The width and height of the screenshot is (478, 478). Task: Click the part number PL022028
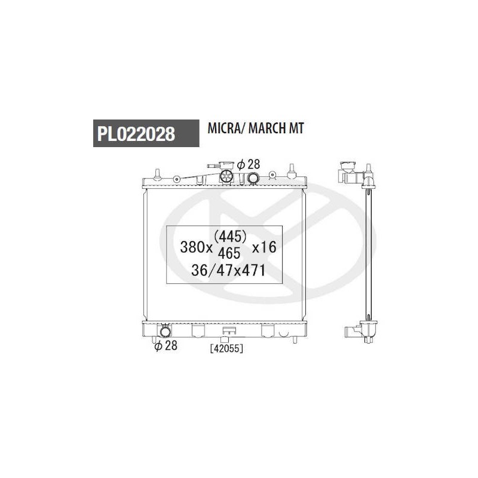(136, 134)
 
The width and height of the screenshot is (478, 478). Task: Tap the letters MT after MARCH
(296, 128)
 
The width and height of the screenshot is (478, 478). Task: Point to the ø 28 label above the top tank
(249, 164)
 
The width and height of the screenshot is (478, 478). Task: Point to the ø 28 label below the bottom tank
(166, 345)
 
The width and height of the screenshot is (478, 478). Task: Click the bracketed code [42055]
(227, 348)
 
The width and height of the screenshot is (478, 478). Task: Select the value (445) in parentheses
(230, 236)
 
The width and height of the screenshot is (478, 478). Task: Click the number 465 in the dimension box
(229, 253)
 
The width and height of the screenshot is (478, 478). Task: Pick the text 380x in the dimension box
(197, 247)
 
